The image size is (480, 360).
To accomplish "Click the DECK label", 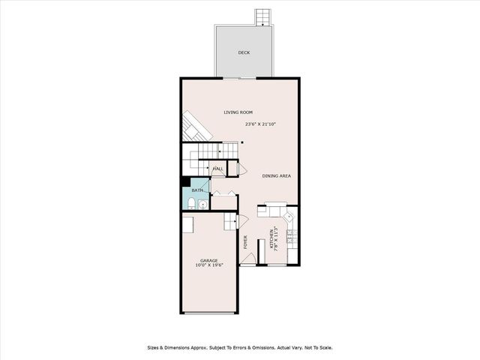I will click(x=244, y=52).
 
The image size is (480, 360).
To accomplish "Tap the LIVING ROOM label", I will click(x=238, y=112).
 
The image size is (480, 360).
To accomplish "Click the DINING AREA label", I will click(x=276, y=176).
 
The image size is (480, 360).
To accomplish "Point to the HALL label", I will click(x=218, y=169).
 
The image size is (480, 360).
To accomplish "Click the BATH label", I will click(x=196, y=190).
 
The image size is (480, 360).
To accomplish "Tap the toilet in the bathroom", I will click(x=191, y=205).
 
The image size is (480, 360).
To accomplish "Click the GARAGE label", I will click(x=208, y=260).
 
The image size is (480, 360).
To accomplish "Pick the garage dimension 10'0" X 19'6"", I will click(x=208, y=265).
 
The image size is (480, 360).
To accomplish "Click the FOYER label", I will click(x=246, y=241).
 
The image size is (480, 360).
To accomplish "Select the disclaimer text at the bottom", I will click(x=239, y=347).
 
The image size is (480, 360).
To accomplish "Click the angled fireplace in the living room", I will click(x=193, y=126).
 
